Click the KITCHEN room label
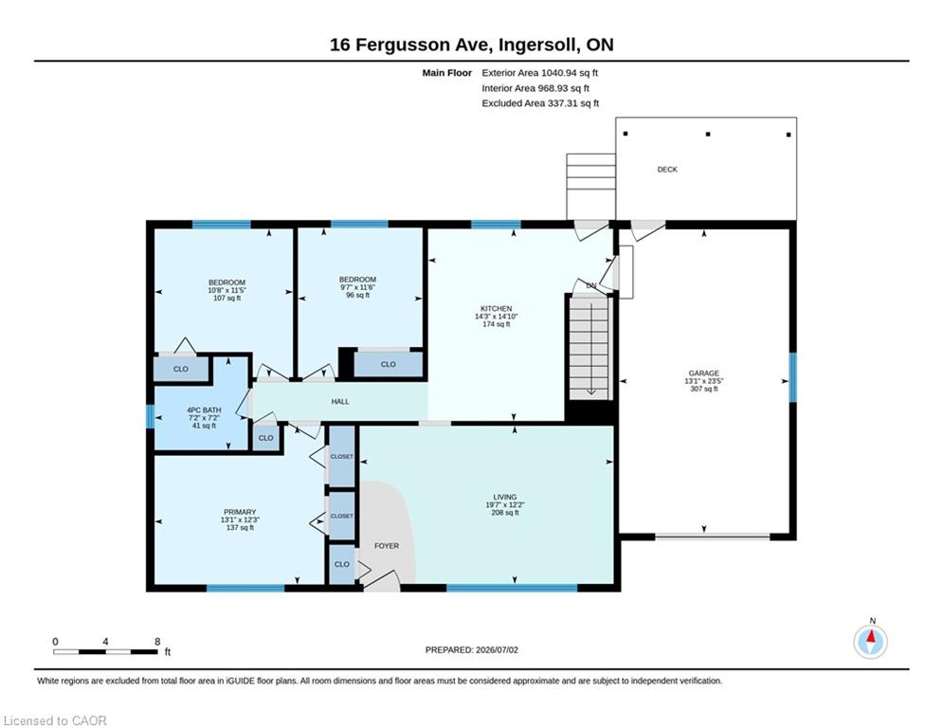click(x=497, y=309)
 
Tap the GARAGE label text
click(x=703, y=373)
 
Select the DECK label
click(x=667, y=170)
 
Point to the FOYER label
click(x=387, y=546)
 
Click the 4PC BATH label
click(x=204, y=410)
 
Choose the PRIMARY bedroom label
click(x=240, y=512)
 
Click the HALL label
click(x=340, y=401)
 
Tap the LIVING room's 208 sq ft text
click(x=505, y=513)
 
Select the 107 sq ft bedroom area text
click(x=227, y=298)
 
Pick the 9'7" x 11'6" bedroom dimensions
click(x=358, y=287)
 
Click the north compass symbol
click(x=870, y=642)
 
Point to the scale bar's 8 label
click(x=157, y=642)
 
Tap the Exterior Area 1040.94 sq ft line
click(x=539, y=73)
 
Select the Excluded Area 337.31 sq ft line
click(x=540, y=103)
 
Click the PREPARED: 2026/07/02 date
click(x=472, y=649)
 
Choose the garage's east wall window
click(x=792, y=377)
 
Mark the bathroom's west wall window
click(x=151, y=416)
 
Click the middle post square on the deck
click(x=708, y=135)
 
